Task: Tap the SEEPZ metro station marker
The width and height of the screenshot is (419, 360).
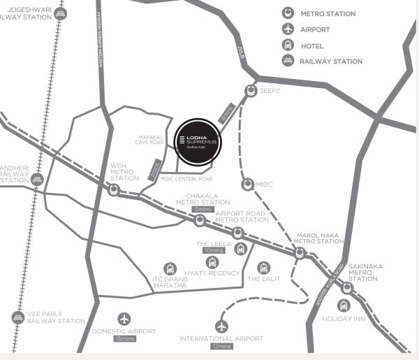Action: click(x=251, y=90)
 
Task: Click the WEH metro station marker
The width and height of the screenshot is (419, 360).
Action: click(x=114, y=189)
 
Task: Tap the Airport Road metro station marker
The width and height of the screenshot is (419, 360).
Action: click(x=238, y=232)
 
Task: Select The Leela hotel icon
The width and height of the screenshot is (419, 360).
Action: click(x=242, y=250)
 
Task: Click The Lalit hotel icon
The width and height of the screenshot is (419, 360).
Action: click(x=263, y=267)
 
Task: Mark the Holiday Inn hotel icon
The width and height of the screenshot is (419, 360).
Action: click(x=344, y=305)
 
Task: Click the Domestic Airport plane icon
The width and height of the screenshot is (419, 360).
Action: click(x=124, y=319)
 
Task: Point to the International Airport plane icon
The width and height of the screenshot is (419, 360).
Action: click(x=222, y=326)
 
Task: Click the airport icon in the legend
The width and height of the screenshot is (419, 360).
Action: click(x=287, y=29)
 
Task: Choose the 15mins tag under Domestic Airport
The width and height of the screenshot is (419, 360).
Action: click(x=124, y=339)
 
